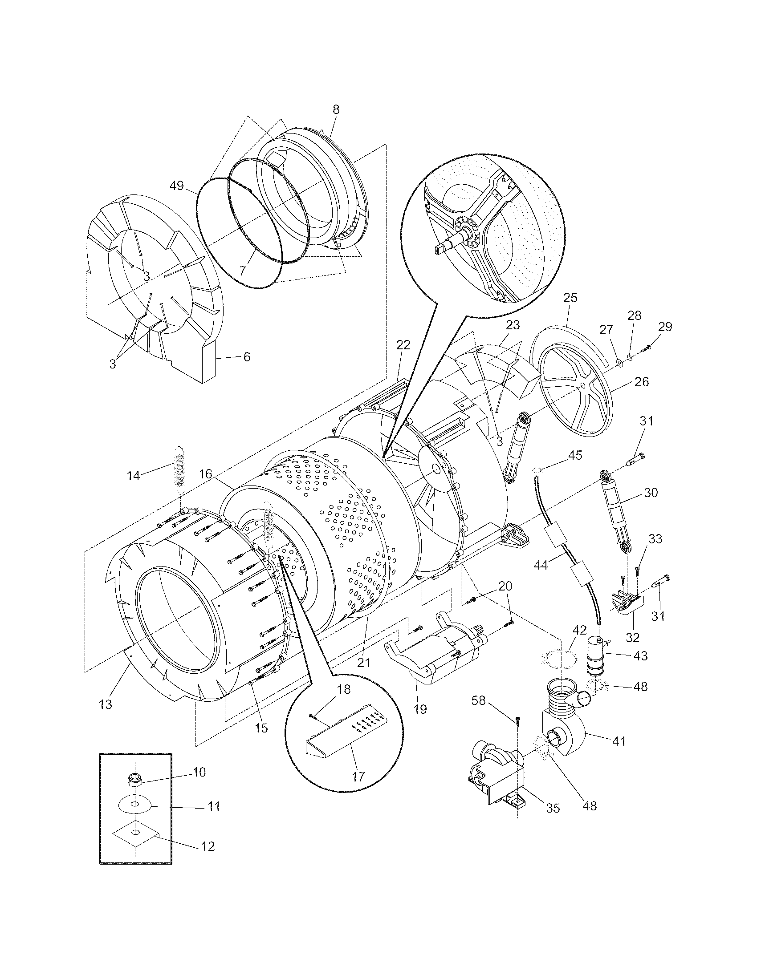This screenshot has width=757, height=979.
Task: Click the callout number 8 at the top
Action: [x=336, y=109]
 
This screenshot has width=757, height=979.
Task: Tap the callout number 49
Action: [x=177, y=185]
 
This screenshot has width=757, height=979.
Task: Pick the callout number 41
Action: [x=619, y=741]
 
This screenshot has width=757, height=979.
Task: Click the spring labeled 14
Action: [x=179, y=471]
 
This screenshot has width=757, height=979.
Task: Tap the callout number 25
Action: [x=570, y=298]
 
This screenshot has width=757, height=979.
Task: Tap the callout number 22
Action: [x=403, y=345]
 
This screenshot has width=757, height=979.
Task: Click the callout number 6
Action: [x=247, y=357]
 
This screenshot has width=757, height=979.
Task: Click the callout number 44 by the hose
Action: [x=541, y=566]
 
